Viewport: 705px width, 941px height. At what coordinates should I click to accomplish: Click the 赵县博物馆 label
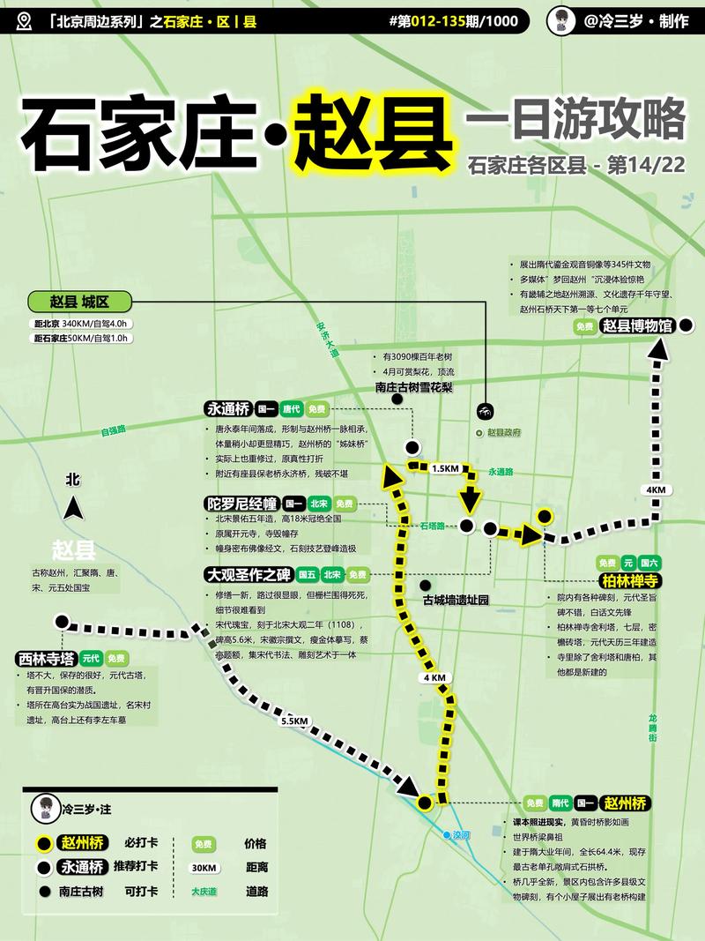coord(637,325)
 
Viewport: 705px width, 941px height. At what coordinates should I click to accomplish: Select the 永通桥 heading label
coord(227,409)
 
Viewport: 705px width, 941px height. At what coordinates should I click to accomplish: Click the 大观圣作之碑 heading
coord(249,574)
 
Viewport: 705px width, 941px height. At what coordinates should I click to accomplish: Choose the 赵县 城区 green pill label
coord(78,302)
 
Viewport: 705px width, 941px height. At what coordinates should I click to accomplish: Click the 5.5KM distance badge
coord(293,721)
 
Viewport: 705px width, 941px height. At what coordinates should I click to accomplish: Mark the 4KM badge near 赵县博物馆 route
coord(655,489)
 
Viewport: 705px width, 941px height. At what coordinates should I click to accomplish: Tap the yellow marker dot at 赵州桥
coord(425,803)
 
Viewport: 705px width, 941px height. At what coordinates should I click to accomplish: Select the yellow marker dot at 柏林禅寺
coord(545,516)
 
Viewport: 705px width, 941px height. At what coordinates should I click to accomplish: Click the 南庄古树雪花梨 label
coord(413,386)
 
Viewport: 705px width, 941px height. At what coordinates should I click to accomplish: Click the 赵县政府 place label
coord(504,433)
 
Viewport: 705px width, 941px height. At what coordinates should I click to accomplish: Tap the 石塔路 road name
coord(432,526)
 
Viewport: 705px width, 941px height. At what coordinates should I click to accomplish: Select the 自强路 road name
coord(113,430)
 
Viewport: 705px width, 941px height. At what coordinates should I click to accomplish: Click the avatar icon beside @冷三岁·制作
coord(561,21)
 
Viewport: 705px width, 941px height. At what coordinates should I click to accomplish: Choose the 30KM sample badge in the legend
coord(204,867)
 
